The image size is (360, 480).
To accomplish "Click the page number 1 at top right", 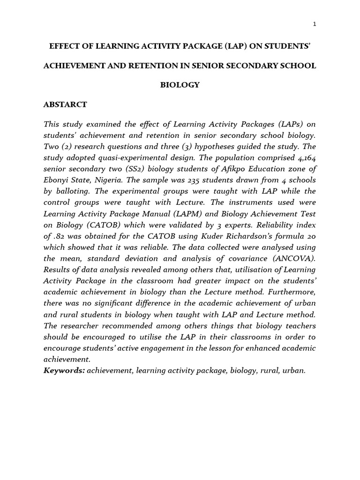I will pos(315,24).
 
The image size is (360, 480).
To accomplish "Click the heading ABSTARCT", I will pos(65,105).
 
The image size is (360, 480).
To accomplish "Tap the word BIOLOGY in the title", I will pos(180,85).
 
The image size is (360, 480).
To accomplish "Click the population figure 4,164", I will pos(304,157).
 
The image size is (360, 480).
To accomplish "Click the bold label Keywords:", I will pos(64,370).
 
